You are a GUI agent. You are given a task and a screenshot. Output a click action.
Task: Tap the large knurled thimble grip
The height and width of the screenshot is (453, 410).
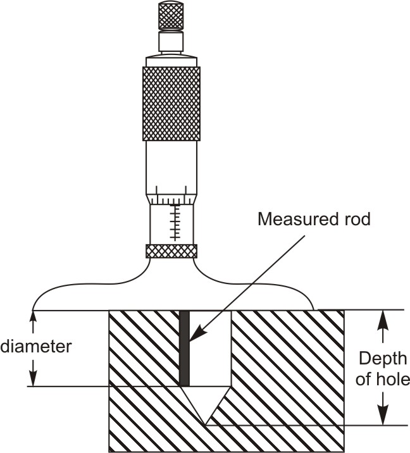(171, 102)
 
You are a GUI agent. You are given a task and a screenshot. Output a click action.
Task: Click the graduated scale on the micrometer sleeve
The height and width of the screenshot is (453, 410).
(174, 221)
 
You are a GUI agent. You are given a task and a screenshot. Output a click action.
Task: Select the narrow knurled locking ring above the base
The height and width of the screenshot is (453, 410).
(171, 251)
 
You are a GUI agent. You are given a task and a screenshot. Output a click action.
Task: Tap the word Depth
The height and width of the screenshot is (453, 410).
(382, 359)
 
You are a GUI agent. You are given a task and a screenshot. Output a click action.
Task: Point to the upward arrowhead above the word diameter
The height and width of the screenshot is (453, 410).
(32, 316)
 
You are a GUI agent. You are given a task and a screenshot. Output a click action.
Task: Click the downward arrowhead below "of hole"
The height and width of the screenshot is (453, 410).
(382, 418)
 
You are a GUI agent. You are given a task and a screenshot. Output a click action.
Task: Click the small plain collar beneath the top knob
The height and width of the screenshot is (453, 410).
(170, 42)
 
